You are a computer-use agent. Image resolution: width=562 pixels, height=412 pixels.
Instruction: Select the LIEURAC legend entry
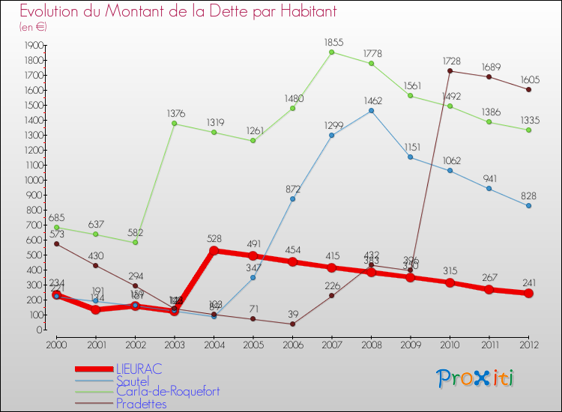pos(139,369)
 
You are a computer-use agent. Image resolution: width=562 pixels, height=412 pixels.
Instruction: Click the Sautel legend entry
pos(133,381)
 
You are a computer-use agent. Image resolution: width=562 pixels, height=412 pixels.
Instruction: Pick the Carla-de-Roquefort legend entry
pos(168,392)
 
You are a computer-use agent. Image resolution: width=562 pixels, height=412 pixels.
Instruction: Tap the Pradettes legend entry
pos(142,404)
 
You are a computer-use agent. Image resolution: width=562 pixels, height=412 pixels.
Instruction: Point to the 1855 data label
pos(332,43)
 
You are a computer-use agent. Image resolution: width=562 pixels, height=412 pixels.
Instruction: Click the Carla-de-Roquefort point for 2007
pos(332,52)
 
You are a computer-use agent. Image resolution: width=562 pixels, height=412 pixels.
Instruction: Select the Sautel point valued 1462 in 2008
pos(371,111)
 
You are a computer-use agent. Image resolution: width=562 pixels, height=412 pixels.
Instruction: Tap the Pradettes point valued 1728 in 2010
pos(450,71)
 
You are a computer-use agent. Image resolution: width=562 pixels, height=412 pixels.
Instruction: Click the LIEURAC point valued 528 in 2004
pos(214,251)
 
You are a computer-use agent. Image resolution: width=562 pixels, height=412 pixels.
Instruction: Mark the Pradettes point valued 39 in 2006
pos(292,324)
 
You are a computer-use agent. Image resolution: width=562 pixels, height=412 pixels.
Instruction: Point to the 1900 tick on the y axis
pos(34,45)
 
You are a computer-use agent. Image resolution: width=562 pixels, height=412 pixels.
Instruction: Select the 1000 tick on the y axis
pos(34,180)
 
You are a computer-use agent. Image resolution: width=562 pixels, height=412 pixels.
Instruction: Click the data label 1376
pos(175,113)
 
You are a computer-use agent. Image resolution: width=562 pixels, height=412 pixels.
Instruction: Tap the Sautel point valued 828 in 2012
pos(528,206)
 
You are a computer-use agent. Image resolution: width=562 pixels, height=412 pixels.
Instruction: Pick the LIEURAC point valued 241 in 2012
pos(528,294)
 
